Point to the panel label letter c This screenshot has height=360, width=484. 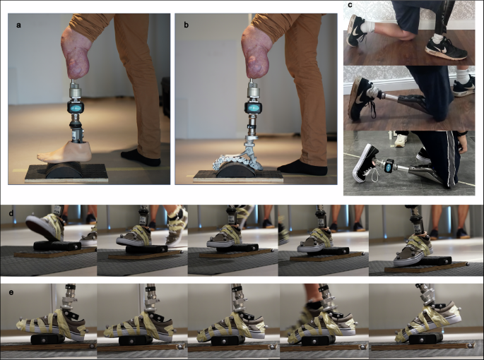tap(351, 6)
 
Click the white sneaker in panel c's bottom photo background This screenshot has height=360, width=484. tap(402, 140)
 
